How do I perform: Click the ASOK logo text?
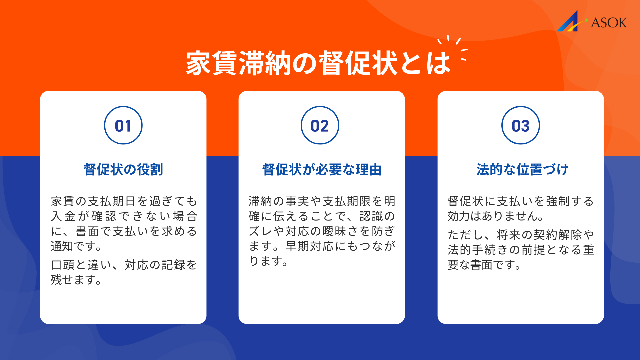tap(609, 23)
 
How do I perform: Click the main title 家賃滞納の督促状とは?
tap(318, 63)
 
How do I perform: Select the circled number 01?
tap(123, 125)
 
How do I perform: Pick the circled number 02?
tap(320, 125)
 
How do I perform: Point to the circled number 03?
tap(520, 125)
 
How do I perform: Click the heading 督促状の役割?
tap(123, 169)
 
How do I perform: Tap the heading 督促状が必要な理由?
tap(322, 169)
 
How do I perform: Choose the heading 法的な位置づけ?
tap(522, 169)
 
